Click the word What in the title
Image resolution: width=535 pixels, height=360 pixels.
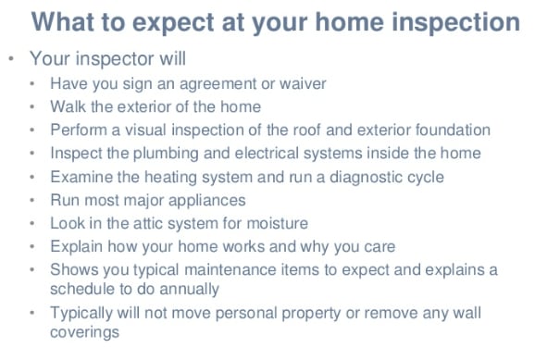tap(62, 22)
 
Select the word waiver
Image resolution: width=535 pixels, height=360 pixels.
tap(303, 83)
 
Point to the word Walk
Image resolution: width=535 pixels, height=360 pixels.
tap(68, 106)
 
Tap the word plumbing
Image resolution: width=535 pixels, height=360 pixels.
tap(166, 154)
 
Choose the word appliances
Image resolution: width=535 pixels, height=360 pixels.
tap(206, 201)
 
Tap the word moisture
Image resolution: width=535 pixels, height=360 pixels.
tap(277, 223)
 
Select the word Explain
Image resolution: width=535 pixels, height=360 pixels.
tap(77, 247)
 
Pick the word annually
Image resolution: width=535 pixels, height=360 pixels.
tap(189, 290)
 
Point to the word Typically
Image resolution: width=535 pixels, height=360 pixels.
tap(81, 313)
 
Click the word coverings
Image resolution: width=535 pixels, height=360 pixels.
tap(84, 332)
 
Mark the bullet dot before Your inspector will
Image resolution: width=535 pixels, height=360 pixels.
tap(11, 58)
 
